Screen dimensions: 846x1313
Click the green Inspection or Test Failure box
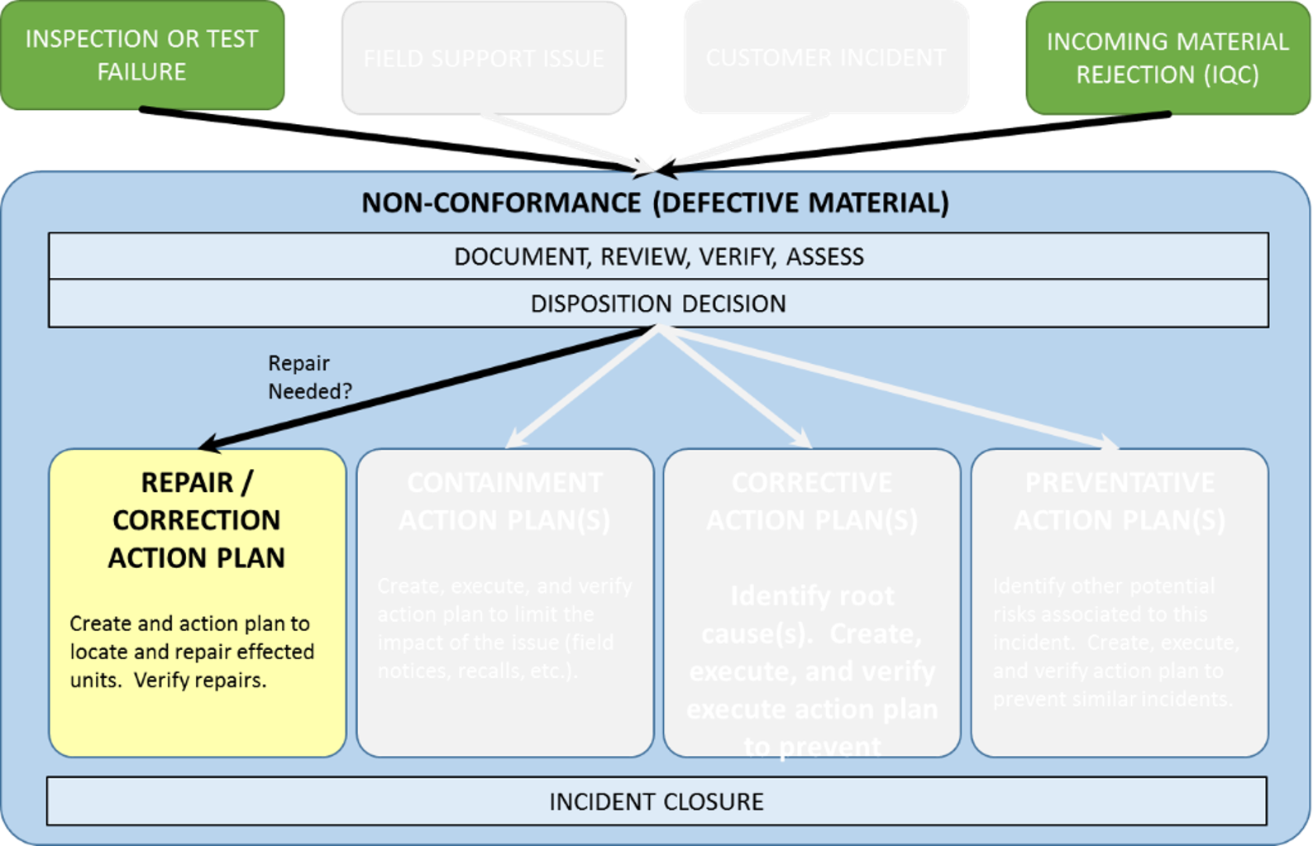tap(142, 55)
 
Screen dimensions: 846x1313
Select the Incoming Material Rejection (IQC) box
tap(1167, 58)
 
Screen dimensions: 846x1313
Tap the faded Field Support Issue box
tap(484, 58)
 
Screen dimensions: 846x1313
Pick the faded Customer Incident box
tap(825, 57)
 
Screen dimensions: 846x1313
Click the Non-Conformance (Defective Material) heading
tap(655, 203)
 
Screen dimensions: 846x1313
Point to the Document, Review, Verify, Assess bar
tap(658, 256)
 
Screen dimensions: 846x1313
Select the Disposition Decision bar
tap(658, 304)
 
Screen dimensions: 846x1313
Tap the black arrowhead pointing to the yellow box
tap(208, 445)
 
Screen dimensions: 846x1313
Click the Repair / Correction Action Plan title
tap(197, 519)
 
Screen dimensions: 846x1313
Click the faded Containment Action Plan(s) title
tap(504, 501)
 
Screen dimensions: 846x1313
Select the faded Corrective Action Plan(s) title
tap(812, 501)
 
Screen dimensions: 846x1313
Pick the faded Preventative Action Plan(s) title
tap(1120, 501)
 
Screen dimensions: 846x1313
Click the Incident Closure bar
tap(656, 801)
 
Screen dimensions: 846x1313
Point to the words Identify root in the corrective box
tap(812, 595)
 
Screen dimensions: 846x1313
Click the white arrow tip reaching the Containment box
tap(513, 442)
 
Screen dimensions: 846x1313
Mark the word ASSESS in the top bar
tap(824, 256)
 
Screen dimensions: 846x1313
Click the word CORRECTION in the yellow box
tap(197, 520)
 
